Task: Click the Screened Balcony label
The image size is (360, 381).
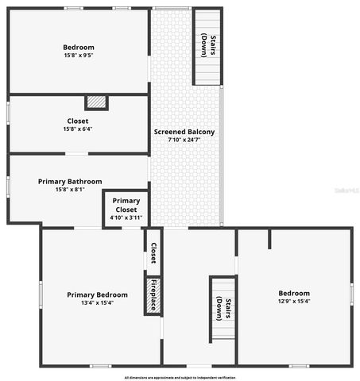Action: pos(184,132)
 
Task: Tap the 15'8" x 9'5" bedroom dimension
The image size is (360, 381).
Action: pos(79,56)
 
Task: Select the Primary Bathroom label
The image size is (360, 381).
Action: pos(70,181)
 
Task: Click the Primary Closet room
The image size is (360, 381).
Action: pos(126,209)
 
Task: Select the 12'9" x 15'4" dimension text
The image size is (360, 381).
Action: pos(294,302)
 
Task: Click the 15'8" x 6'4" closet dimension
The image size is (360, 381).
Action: pos(79,129)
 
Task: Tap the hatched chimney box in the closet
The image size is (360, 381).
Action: pos(96,102)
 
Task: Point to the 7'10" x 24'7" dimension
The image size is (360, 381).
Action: pos(184,140)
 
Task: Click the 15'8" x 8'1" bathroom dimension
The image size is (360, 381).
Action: pos(70,190)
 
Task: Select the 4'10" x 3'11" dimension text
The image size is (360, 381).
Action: pos(126,217)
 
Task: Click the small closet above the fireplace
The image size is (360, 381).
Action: pos(153,252)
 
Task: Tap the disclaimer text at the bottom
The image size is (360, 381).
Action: pos(180,377)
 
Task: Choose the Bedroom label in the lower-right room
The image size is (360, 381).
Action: pos(294,293)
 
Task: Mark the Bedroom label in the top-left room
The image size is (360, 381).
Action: pos(79,47)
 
